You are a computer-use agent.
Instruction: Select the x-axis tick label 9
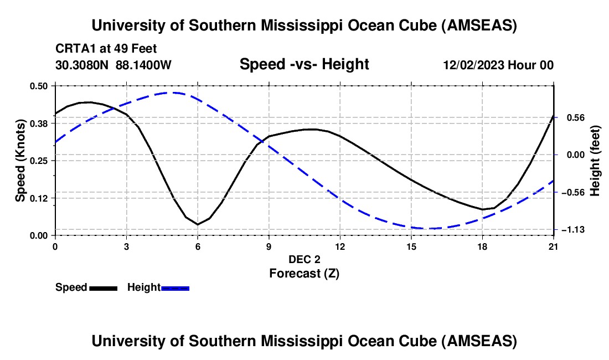269,246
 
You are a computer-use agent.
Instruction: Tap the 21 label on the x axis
554,246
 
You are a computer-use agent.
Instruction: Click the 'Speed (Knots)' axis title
20,161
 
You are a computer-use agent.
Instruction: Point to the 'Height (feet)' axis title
595,161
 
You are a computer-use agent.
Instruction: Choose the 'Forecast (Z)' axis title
304,273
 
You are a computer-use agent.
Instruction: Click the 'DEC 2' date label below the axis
304,259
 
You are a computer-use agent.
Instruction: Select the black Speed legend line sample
103,287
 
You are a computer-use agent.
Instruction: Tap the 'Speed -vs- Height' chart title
304,64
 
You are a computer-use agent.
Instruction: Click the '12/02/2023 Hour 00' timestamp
498,65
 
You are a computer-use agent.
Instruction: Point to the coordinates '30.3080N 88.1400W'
113,65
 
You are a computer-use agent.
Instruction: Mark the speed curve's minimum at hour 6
198,224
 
